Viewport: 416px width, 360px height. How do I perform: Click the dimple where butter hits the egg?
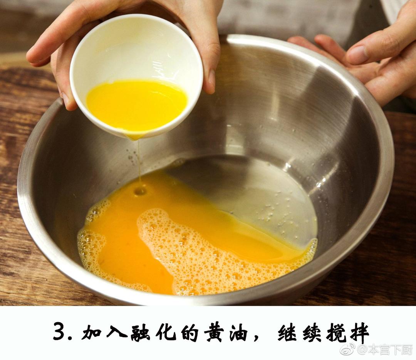tap(140, 191)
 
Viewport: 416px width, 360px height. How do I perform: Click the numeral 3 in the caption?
tap(60, 331)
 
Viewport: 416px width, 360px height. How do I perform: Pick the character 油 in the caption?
tap(238, 331)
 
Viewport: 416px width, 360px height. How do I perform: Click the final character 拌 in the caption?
tap(359, 331)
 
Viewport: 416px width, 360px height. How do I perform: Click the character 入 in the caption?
tap(116, 331)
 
